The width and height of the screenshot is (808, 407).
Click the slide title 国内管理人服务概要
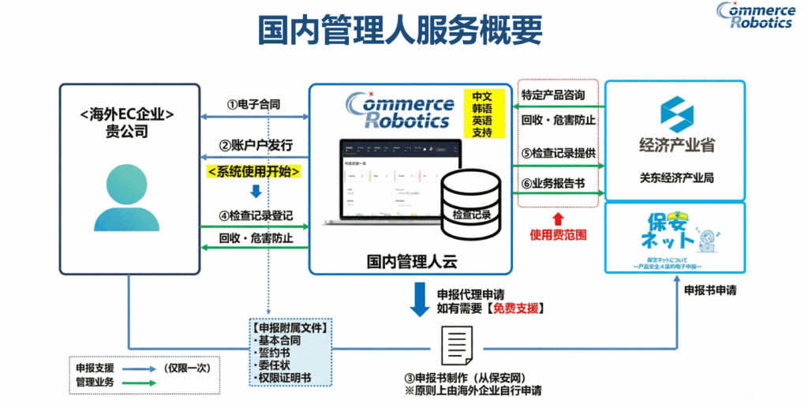400,30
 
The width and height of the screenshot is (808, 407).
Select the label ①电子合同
254,104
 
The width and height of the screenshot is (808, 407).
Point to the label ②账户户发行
256,145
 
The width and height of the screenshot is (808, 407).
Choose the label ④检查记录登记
256,215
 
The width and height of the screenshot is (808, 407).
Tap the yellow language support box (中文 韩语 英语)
481,114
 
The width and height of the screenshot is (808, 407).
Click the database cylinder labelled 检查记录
471,201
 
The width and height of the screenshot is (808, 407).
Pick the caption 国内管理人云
411,260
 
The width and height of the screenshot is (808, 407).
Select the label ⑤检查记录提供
559,152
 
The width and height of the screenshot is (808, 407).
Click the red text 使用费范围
559,235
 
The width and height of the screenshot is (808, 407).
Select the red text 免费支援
517,309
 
